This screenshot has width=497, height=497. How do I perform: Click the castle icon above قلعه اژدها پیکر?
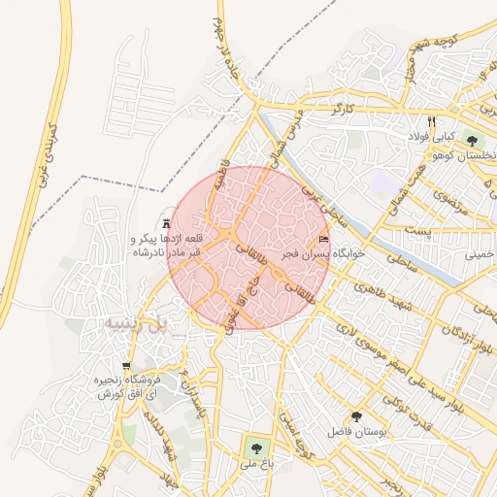click(167, 222)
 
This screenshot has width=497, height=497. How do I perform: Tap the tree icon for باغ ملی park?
click(256, 447)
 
